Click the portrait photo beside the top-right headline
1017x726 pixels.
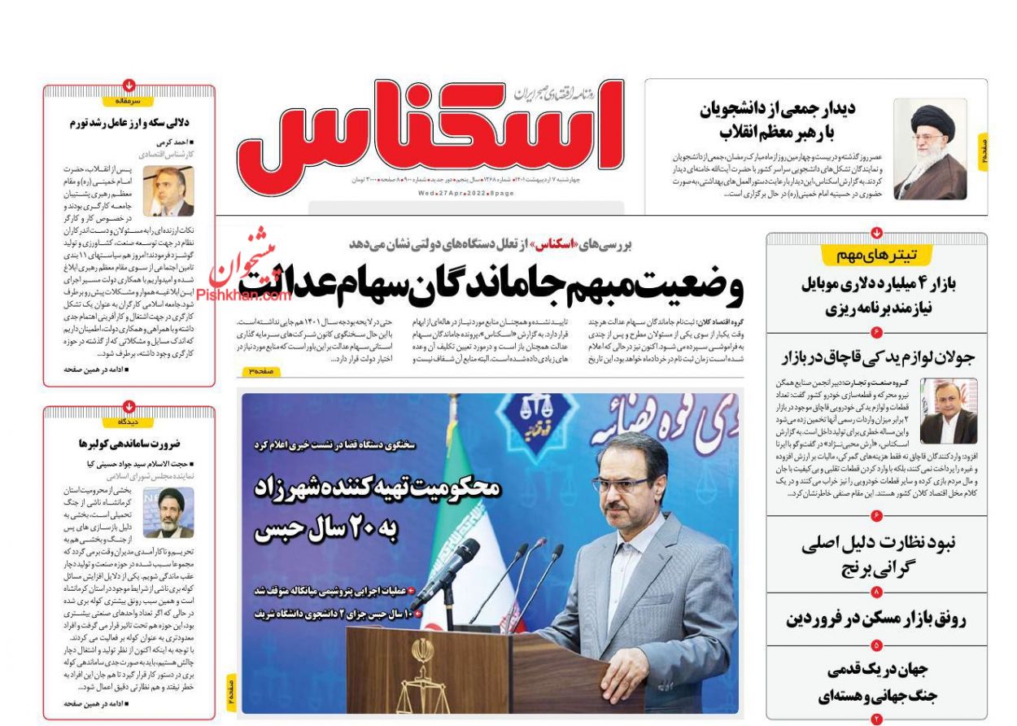click(930, 149)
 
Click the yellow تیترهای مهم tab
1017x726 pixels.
click(876, 256)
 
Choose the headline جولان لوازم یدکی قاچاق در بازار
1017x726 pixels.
click(877, 357)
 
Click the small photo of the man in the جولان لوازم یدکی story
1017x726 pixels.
click(949, 411)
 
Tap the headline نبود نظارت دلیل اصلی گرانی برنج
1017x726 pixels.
click(877, 554)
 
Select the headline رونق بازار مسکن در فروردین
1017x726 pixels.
click(876, 619)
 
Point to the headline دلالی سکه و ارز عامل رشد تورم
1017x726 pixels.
click(130, 123)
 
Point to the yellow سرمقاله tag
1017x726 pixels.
click(129, 102)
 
